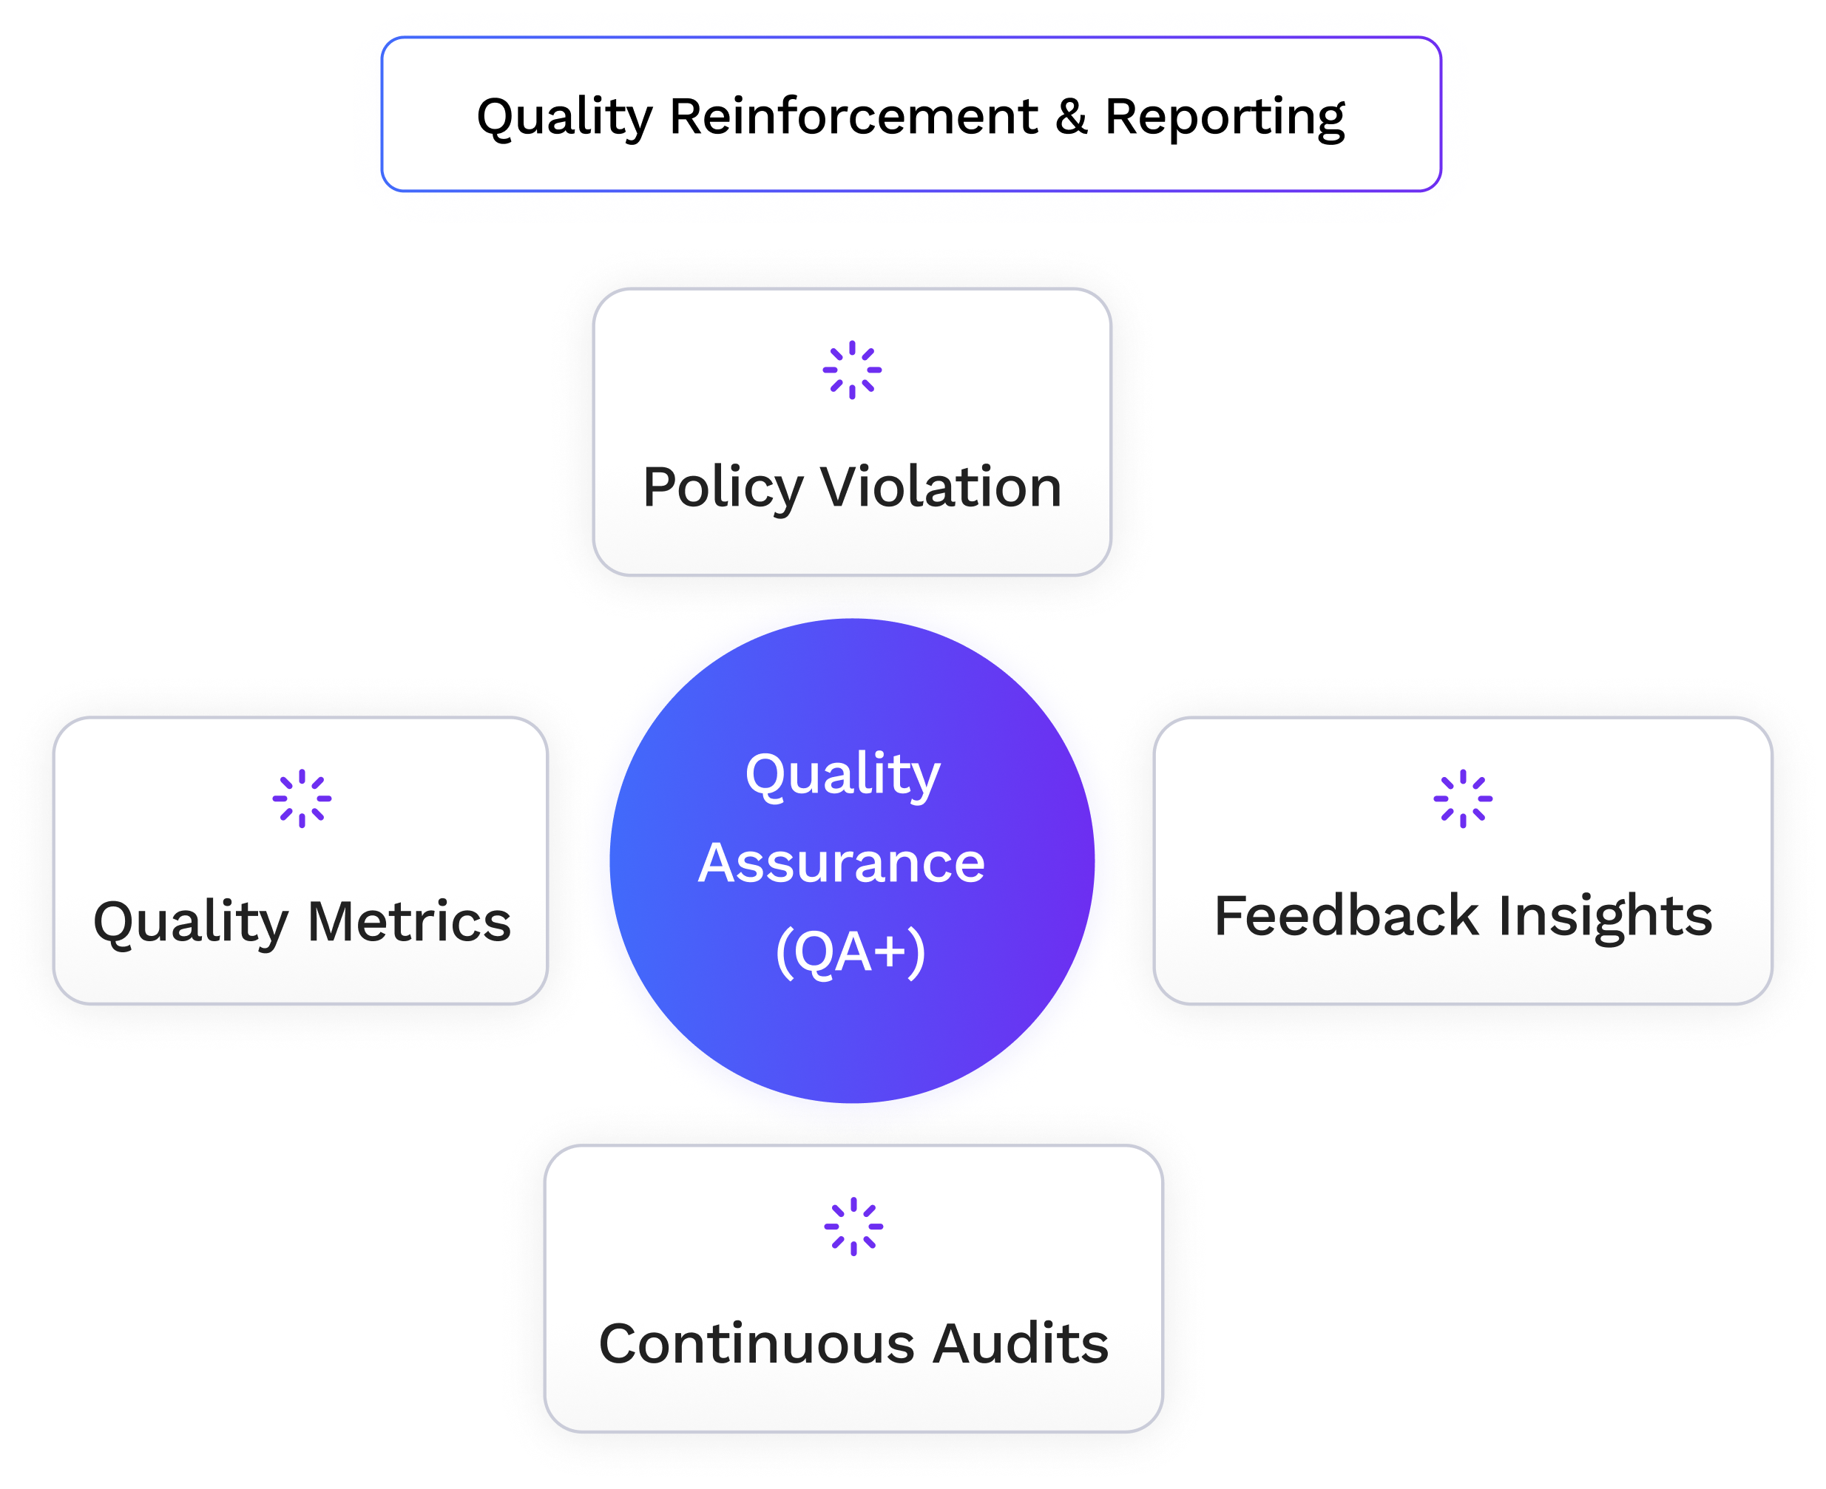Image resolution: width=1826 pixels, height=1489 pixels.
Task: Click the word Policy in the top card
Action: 723,488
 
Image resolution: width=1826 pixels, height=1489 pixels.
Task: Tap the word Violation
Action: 941,487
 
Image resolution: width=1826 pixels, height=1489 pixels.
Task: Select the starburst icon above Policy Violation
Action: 851,370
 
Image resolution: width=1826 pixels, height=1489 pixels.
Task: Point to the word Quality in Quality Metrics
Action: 191,923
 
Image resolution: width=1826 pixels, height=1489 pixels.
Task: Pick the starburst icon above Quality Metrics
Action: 301,798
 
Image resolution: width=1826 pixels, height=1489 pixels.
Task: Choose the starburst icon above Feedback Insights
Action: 1462,798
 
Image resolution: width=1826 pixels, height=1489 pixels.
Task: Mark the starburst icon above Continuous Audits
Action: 853,1227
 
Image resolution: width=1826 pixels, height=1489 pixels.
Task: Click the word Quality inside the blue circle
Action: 842,776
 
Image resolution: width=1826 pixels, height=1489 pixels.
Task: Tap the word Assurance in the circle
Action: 841,863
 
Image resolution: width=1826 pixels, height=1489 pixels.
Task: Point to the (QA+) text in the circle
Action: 850,952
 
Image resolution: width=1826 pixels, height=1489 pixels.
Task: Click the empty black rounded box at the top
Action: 910,113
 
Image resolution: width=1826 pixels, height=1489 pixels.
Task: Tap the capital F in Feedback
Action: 1231,915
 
